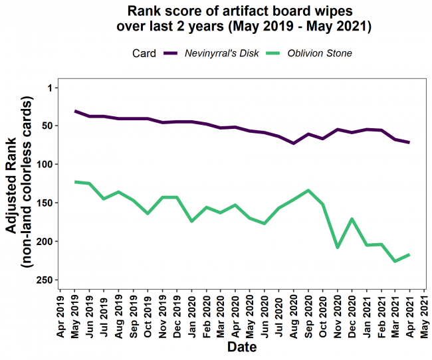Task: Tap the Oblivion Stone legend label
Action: pos(319,53)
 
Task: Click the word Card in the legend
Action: pos(144,53)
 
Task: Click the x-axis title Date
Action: pos(243,347)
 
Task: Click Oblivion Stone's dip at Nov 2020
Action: pos(337,247)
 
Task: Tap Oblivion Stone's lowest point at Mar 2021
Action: pos(395,261)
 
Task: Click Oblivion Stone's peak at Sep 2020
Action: pos(308,191)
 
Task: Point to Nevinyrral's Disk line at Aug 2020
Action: pos(294,143)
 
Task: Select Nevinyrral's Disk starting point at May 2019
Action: pos(75,111)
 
